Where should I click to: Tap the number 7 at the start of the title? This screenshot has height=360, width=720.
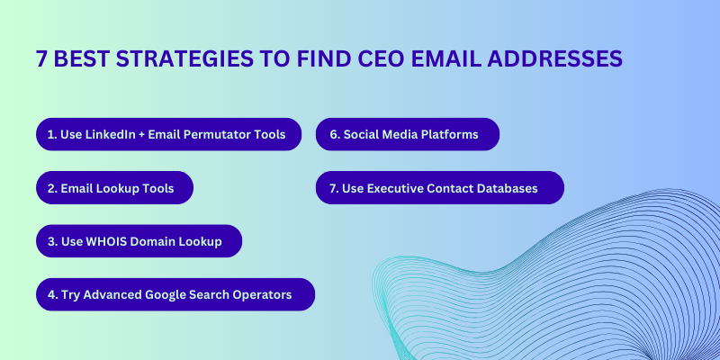[x=41, y=58]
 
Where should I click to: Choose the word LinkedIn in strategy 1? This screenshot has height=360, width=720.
[x=111, y=134]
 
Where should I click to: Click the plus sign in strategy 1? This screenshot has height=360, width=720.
[x=142, y=135]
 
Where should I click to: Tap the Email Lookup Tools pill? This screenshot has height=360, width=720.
[x=115, y=188]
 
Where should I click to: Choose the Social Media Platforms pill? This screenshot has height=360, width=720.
[x=408, y=134]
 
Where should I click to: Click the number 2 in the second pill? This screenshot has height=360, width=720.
[x=51, y=188]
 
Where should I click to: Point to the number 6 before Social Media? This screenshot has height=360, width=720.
[x=333, y=134]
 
